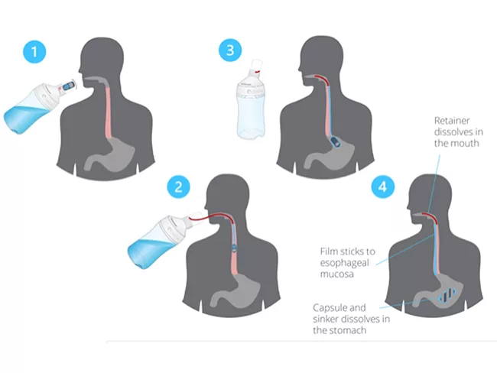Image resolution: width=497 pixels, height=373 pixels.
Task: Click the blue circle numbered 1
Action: [x=34, y=51]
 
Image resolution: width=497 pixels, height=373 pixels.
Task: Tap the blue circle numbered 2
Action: [x=179, y=186]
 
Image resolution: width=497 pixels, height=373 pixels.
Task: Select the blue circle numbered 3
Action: [x=230, y=50]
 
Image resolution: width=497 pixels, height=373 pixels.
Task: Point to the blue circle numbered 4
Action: [x=383, y=186]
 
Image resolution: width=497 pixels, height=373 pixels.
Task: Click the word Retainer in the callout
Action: [x=452, y=121]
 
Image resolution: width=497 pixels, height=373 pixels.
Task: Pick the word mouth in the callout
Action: [x=466, y=143]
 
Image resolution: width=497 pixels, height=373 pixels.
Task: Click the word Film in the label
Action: [x=329, y=251]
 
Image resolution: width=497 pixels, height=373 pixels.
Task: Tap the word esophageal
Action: [x=345, y=263]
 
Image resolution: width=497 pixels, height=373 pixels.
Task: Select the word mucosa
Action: [x=336, y=274]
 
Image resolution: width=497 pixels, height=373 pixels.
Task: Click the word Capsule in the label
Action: [x=330, y=308]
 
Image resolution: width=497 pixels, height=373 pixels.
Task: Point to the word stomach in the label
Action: [x=348, y=330]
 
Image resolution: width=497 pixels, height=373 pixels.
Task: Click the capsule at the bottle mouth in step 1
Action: [x=68, y=86]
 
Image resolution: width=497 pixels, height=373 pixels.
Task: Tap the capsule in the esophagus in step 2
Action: [x=234, y=247]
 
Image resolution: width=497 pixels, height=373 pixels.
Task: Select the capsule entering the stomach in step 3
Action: [x=335, y=142]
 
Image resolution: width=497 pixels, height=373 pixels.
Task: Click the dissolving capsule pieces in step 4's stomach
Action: [x=447, y=295]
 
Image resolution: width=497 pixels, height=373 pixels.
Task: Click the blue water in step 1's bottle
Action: [x=24, y=119]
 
